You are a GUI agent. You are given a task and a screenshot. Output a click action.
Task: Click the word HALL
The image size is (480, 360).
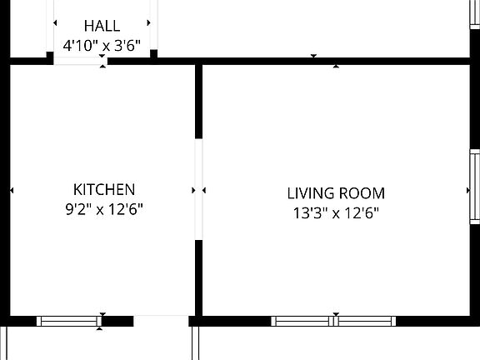click(x=102, y=27)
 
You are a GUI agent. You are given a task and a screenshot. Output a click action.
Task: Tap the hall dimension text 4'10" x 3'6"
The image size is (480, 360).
click(x=102, y=46)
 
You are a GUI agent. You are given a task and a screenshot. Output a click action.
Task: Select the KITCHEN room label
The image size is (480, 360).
click(x=104, y=189)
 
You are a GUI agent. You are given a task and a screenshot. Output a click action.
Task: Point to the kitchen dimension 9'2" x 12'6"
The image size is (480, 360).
click(x=104, y=210)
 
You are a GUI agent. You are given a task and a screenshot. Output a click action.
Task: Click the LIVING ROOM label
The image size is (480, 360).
click(x=336, y=193)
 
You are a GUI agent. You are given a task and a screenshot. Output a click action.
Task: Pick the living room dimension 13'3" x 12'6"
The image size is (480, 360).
click(x=336, y=213)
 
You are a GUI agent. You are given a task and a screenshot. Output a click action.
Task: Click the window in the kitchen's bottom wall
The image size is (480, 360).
click(x=70, y=321)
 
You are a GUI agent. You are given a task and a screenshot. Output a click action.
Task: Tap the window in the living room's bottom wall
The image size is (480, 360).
click(x=334, y=321)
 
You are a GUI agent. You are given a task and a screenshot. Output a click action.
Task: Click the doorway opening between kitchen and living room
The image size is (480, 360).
click(x=198, y=189)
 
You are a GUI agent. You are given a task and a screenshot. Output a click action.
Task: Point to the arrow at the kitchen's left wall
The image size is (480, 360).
click(x=12, y=191)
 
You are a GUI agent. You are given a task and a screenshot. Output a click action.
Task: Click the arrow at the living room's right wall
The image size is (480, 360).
click(x=468, y=191)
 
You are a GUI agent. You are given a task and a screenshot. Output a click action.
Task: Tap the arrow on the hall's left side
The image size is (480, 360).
click(x=57, y=23)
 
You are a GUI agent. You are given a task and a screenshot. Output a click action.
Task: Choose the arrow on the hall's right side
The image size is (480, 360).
click(x=149, y=23)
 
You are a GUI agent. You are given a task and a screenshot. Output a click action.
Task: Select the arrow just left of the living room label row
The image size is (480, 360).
click(x=204, y=191)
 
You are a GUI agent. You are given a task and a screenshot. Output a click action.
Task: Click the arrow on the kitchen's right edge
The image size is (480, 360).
click(x=194, y=191)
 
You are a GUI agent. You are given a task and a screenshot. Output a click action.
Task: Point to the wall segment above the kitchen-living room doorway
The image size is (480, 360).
click(x=198, y=101)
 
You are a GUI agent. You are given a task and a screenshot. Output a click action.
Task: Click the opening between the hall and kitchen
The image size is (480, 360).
click(x=102, y=60)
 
